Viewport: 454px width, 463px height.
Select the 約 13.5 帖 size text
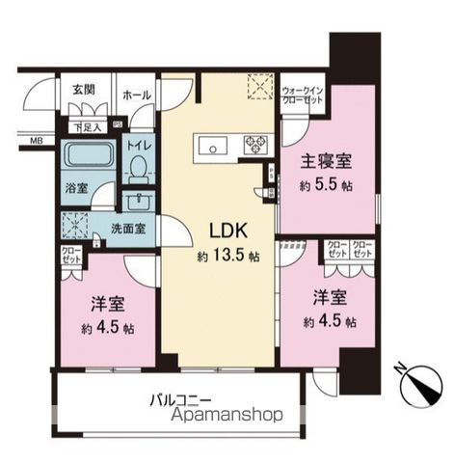coord(228,258)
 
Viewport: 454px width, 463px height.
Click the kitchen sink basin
coord(211,145)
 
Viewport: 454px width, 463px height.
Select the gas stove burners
coord(256,145)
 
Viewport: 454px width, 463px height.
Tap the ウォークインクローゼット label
coord(302,96)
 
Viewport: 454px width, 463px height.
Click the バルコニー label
coord(181,397)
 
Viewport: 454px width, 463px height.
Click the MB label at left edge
coord(36,142)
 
